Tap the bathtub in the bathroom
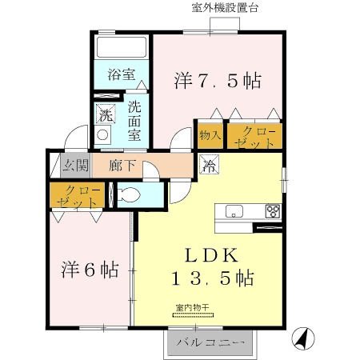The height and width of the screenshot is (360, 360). pyautogui.click(x=121, y=48)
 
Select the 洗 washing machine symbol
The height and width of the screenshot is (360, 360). pyautogui.click(x=106, y=114)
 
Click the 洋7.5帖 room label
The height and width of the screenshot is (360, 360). pyautogui.click(x=218, y=81)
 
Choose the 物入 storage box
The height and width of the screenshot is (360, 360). pyautogui.click(x=209, y=134)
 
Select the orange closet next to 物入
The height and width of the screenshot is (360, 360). pyautogui.click(x=254, y=134)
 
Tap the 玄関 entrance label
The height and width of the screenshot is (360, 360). pyautogui.click(x=74, y=166)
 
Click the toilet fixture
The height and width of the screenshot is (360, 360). pyautogui.click(x=129, y=195)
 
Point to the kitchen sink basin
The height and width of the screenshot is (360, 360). pyautogui.click(x=234, y=211)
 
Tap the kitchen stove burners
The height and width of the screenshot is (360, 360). pyautogui.click(x=273, y=212)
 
